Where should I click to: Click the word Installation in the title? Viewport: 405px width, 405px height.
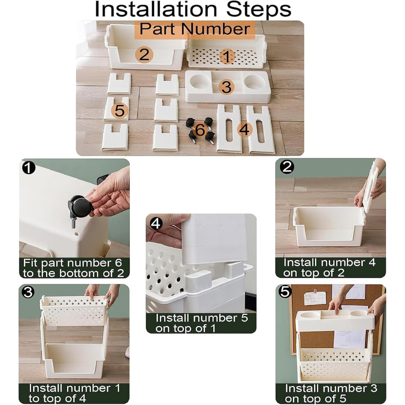point(156,9)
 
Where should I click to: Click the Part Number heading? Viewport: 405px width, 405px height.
point(195,28)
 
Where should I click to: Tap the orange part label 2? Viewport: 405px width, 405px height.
point(144,55)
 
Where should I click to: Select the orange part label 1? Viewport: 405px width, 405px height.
point(227,57)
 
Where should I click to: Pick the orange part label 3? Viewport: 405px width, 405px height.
point(226,87)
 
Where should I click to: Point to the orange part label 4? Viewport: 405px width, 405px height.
point(244,129)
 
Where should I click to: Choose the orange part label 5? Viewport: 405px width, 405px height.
point(120,111)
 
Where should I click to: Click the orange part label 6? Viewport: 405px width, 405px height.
point(200,129)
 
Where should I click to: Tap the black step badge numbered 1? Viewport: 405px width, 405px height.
point(28,168)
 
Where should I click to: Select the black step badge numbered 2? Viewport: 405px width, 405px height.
point(287,167)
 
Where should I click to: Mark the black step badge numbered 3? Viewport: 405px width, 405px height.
point(28,292)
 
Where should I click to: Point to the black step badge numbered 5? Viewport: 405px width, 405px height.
point(285,292)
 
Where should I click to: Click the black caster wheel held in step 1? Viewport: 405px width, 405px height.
point(81,207)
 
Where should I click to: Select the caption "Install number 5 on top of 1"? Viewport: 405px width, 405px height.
point(201,323)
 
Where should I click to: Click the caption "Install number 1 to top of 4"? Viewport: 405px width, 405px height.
point(74,393)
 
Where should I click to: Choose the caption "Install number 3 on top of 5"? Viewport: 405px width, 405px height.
point(331,393)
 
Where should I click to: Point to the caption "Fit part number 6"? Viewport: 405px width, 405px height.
point(72,263)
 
